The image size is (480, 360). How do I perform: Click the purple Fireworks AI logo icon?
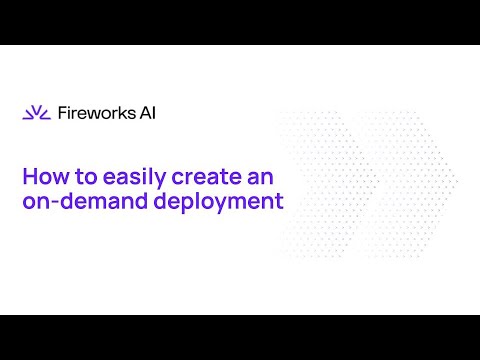click(36, 113)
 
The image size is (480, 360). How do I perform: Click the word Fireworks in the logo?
click(97, 113)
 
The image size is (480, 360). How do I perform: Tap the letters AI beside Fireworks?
click(148, 113)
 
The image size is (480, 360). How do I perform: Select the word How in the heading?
click(45, 176)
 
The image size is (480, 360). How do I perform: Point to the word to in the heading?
click(86, 177)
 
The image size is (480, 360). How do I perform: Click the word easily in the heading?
click(134, 178)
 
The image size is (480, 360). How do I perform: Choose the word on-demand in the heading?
click(85, 201)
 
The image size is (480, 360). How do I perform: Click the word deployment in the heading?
click(219, 202)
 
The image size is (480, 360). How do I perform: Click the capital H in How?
click(30, 176)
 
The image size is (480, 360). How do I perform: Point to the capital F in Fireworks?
click(62, 113)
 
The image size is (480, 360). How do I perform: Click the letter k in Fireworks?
click(122, 113)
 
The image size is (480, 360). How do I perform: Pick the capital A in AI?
click(146, 113)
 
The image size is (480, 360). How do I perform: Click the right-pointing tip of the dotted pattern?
click(457, 181)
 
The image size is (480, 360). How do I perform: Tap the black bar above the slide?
click(240, 22)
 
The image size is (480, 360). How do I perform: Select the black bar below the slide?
click(240, 337)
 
